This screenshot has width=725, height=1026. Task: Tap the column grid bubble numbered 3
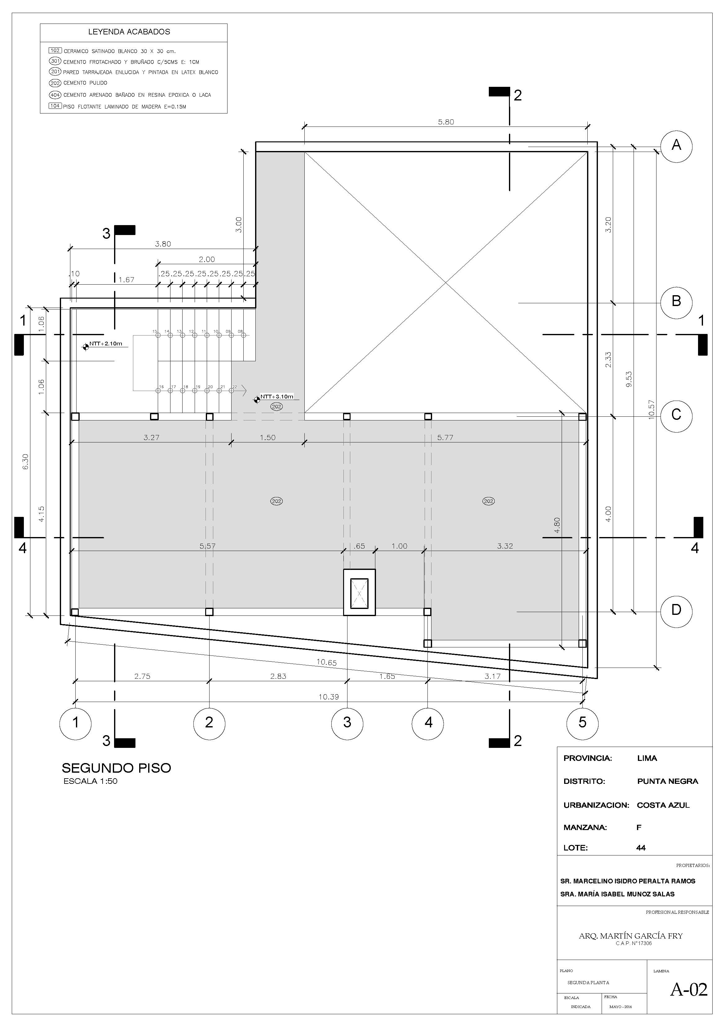(x=347, y=722)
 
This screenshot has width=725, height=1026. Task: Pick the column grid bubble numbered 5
(x=582, y=722)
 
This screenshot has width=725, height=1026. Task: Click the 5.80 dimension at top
(x=445, y=122)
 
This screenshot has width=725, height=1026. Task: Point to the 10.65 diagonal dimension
(x=326, y=663)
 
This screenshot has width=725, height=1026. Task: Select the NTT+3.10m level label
(x=277, y=397)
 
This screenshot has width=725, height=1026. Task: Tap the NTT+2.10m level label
(x=106, y=344)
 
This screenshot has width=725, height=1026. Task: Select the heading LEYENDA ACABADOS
(x=129, y=32)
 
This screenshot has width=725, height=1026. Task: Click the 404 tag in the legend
(x=55, y=95)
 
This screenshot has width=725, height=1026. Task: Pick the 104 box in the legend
(x=55, y=106)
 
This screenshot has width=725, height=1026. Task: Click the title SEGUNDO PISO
(x=116, y=768)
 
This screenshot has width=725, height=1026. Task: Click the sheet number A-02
(x=688, y=989)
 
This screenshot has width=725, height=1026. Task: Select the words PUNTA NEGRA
(x=667, y=781)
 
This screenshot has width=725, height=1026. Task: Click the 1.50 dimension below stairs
(x=267, y=437)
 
